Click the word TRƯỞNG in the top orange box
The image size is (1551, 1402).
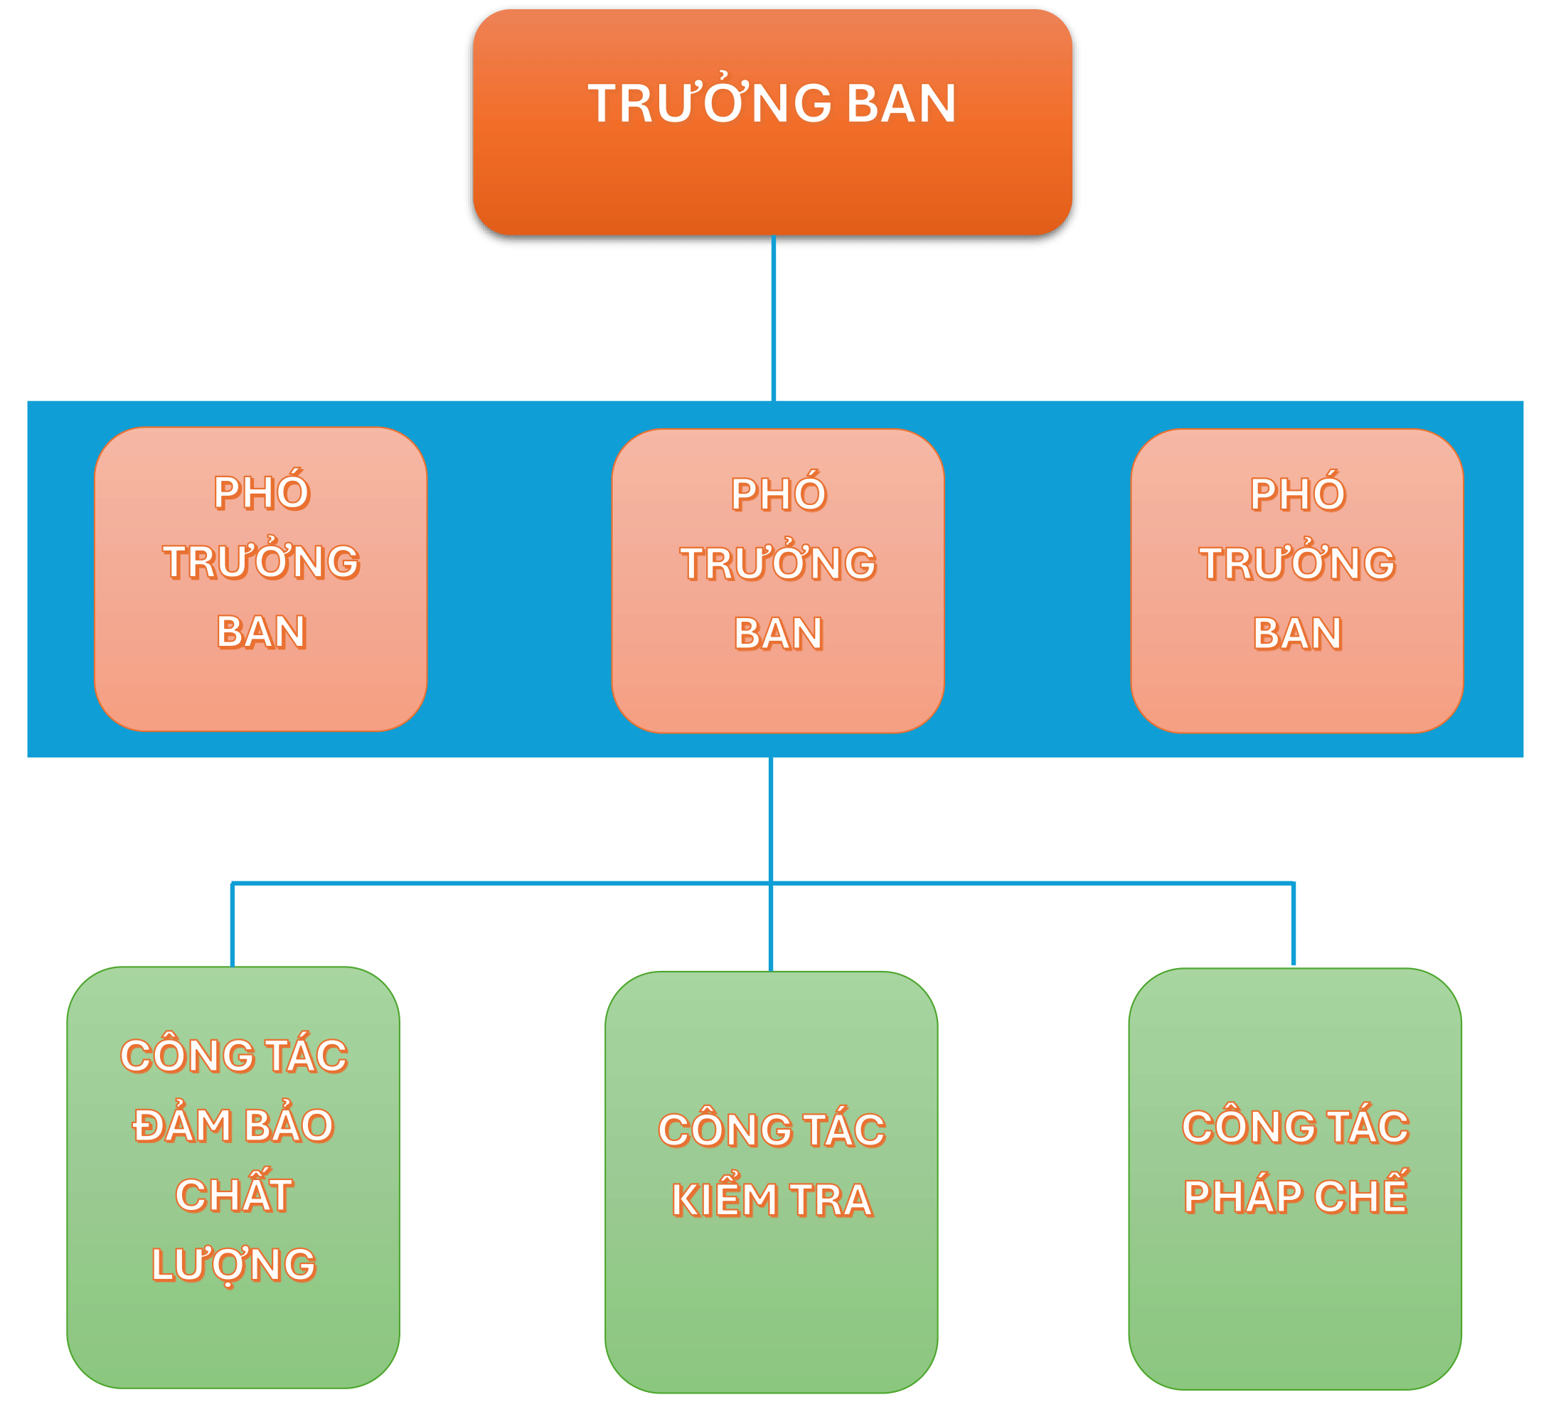709,103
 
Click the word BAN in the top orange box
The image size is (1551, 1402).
901,103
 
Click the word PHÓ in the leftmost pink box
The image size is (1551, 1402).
262,492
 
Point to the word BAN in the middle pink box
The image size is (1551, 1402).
778,633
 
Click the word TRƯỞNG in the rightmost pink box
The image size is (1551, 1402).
1297,563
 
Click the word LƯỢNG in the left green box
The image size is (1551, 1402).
233,1264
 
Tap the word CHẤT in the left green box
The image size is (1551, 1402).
234,1194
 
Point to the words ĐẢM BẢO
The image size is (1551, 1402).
233,1125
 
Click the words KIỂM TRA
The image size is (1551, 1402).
772,1199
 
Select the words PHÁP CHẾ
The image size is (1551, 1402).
1296,1196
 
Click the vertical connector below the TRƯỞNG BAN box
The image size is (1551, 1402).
773,317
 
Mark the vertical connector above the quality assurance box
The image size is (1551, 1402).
233,924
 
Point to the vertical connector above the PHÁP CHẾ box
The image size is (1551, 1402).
1294,923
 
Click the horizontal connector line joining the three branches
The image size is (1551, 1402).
500,883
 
